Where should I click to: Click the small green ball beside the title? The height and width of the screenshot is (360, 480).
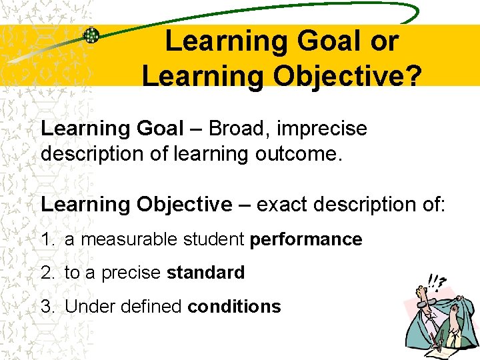[91, 36]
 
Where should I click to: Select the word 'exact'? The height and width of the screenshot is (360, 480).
[281, 204]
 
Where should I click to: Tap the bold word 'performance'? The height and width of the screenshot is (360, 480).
[306, 239]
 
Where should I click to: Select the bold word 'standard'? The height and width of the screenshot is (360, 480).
[206, 273]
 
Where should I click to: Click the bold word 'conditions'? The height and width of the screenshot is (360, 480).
[235, 307]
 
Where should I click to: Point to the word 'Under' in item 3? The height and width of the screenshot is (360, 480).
[85, 307]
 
